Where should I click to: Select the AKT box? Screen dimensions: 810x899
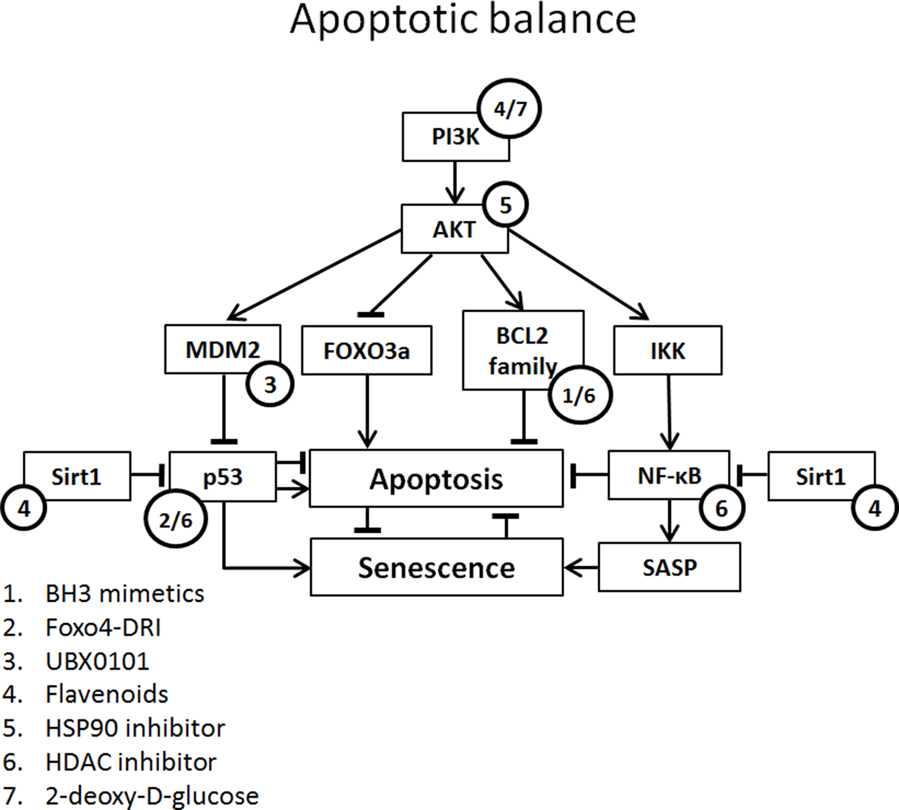(449, 230)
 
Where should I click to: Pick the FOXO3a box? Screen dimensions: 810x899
(366, 351)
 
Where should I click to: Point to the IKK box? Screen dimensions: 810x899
(667, 351)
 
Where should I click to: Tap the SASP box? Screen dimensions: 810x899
(669, 567)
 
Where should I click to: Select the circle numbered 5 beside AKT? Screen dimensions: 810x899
(506, 205)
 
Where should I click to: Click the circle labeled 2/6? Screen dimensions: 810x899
(176, 520)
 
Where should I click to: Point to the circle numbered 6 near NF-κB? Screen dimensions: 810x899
(721, 508)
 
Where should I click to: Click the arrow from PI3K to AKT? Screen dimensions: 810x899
(455, 183)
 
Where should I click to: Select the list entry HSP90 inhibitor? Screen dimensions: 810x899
(135, 728)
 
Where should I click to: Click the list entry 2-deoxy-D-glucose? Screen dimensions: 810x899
(151, 796)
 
